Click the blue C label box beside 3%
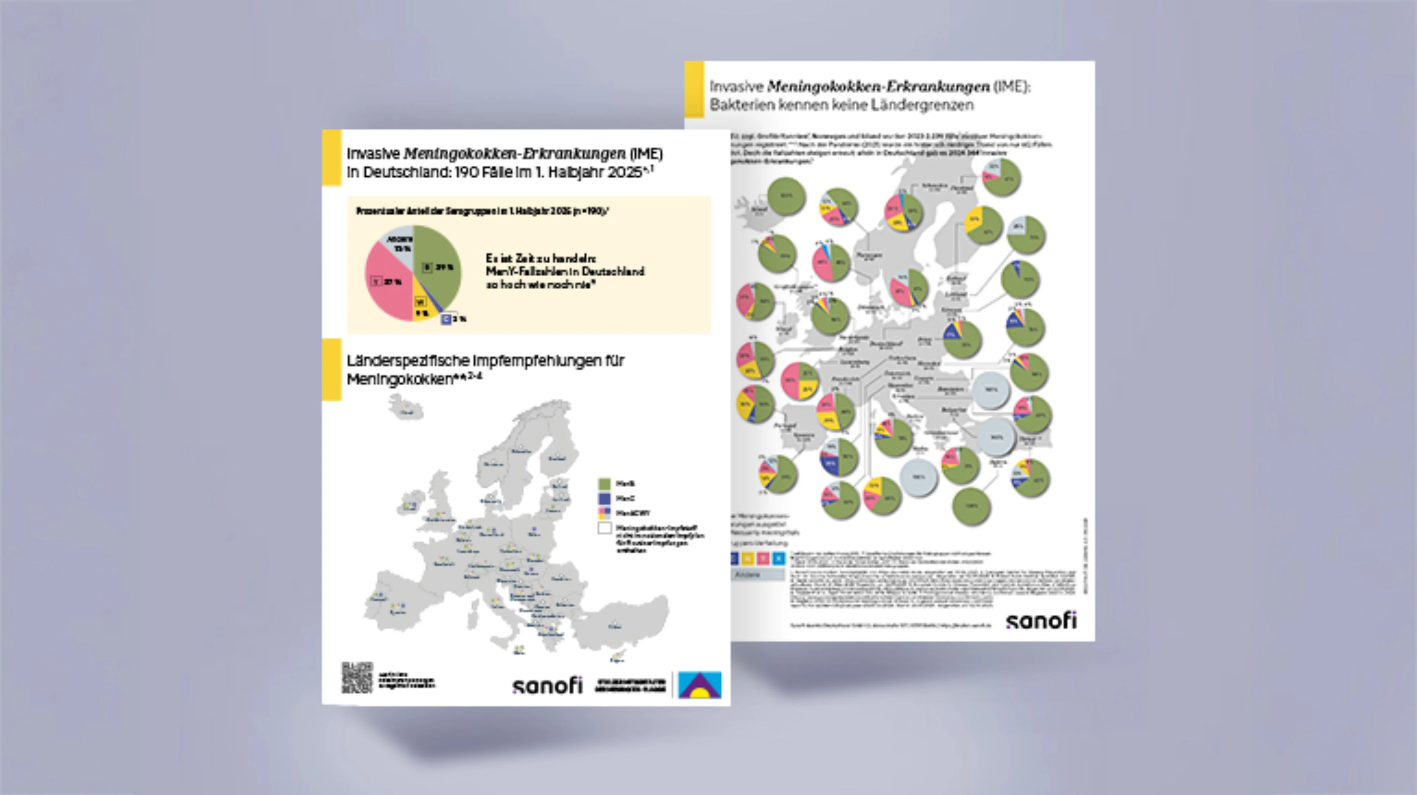[x=446, y=319]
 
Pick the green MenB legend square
[x=604, y=484]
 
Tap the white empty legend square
[x=604, y=528]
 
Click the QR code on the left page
[x=357, y=677]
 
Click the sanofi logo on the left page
[x=547, y=685]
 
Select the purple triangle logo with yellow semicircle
[x=700, y=685]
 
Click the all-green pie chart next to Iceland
[x=786, y=196]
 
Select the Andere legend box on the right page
[x=758, y=574]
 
